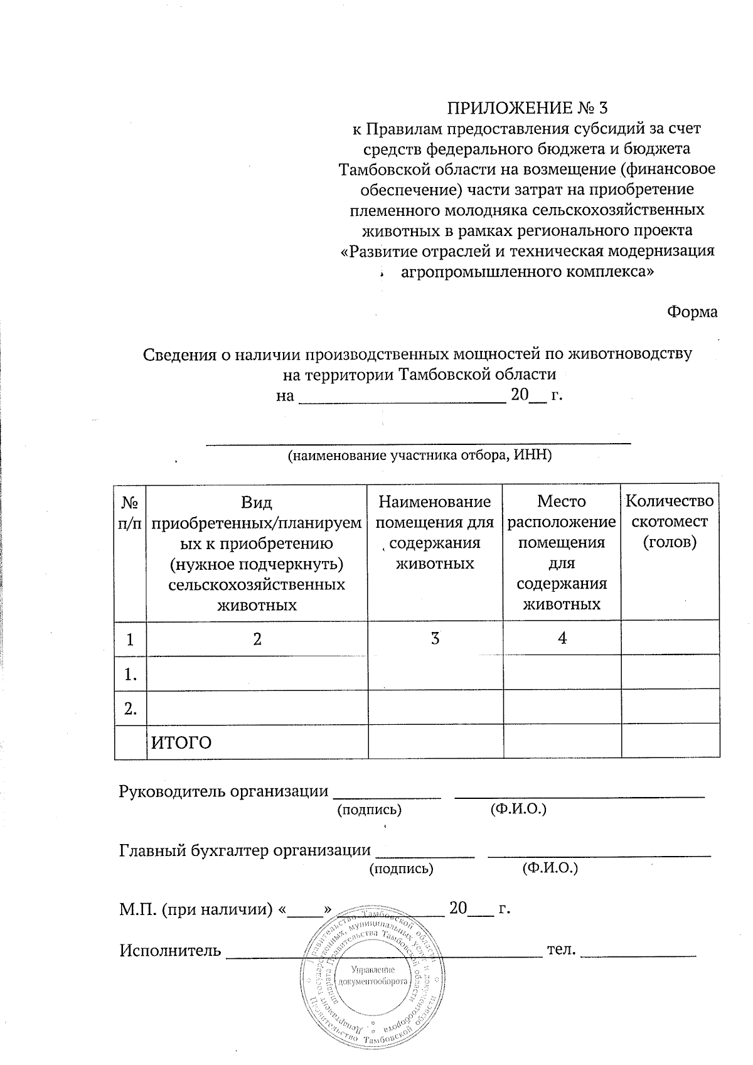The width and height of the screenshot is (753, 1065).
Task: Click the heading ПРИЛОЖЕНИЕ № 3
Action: [527, 107]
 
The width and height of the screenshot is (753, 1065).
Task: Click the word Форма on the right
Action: [692, 311]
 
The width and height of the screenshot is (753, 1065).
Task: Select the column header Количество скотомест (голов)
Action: [670, 522]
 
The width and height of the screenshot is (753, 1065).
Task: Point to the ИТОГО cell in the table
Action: [181, 742]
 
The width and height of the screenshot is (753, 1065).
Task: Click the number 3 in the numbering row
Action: [434, 638]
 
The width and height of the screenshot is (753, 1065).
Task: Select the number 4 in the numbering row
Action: [562, 638]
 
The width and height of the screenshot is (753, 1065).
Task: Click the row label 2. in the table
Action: [131, 709]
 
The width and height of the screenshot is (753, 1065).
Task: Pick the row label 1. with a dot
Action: [131, 675]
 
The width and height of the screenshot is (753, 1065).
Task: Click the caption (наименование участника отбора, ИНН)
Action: [419, 456]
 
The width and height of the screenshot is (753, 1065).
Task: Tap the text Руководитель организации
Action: [223, 791]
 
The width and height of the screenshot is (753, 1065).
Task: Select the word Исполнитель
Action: [170, 950]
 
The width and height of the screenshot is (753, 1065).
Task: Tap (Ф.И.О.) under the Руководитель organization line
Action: [518, 809]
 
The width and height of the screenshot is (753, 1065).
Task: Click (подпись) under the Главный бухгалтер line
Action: [401, 869]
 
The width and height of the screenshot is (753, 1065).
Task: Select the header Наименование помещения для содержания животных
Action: [434, 532]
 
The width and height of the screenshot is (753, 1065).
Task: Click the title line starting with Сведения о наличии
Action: [417, 354]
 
